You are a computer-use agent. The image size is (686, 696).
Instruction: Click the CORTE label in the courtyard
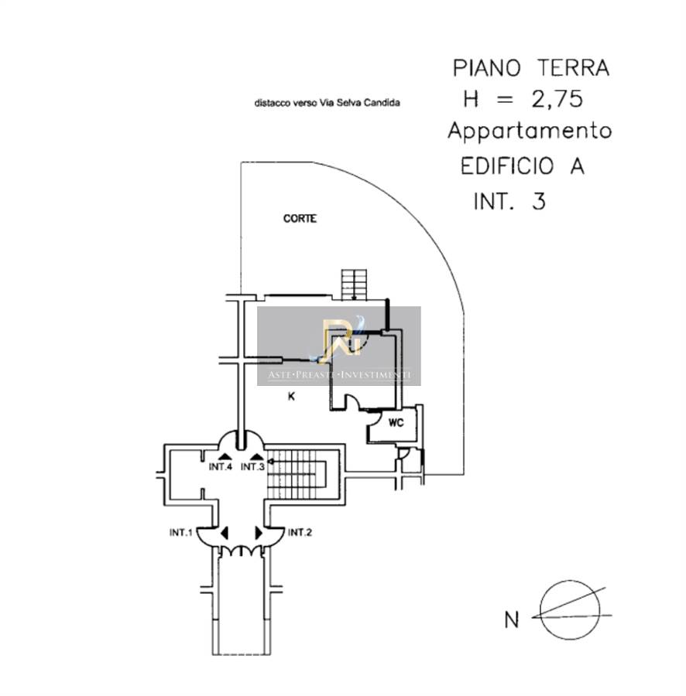point(300,218)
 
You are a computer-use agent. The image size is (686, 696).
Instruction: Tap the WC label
point(396,423)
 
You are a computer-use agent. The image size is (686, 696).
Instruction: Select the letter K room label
point(291,397)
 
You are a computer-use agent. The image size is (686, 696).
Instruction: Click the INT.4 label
point(221,467)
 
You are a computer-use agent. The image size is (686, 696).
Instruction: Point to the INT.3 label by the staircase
point(252,467)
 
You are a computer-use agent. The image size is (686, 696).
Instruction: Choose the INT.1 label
point(181,532)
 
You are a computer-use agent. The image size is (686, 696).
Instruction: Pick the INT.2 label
point(300,532)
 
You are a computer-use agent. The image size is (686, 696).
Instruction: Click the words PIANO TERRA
point(531,68)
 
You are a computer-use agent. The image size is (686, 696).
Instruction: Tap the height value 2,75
point(557,99)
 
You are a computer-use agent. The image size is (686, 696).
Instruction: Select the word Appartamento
point(530,131)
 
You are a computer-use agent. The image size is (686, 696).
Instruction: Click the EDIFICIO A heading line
point(523,166)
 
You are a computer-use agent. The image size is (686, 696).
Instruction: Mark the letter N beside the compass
point(512,619)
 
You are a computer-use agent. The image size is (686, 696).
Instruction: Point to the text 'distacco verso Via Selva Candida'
point(327,103)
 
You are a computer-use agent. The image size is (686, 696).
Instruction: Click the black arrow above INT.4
point(225,455)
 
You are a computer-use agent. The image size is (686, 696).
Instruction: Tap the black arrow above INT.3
point(257,455)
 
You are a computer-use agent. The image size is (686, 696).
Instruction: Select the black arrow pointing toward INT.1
point(225,533)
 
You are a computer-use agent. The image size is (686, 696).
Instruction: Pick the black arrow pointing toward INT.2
point(259,533)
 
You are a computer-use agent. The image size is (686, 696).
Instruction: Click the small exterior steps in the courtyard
point(354,285)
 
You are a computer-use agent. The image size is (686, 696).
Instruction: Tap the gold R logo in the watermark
point(341,337)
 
